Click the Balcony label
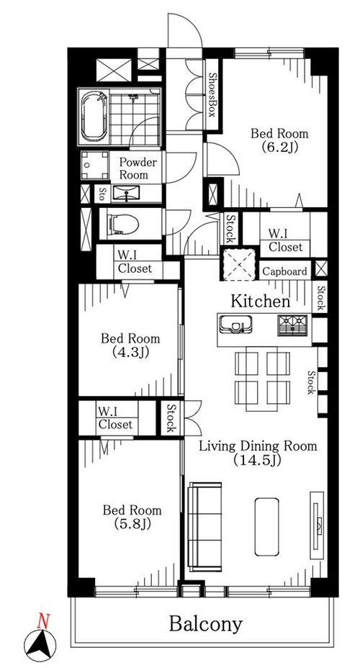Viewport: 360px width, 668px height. (x=206, y=624)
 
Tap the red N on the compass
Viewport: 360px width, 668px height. (x=42, y=621)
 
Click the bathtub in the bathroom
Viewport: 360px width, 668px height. (x=94, y=116)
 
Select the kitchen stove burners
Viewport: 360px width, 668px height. (x=292, y=325)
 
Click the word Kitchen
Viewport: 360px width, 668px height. (x=261, y=301)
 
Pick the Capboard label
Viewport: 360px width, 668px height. (x=284, y=271)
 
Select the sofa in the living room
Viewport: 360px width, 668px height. (x=205, y=527)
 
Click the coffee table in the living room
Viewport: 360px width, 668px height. (x=266, y=527)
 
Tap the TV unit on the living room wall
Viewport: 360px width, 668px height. (x=317, y=525)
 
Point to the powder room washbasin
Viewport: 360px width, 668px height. (x=127, y=194)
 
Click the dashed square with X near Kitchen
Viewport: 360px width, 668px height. (x=238, y=265)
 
